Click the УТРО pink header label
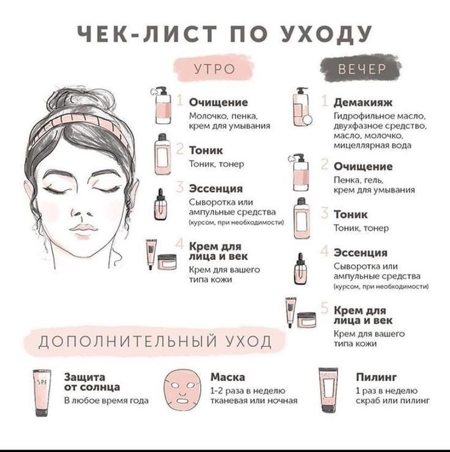coord(214,69)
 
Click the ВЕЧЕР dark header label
coord(362,69)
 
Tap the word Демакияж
coord(363,102)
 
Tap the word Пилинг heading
coord(377,377)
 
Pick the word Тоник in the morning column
coord(206,150)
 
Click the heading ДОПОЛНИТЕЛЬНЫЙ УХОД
coord(154,340)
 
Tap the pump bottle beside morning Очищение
coord(162,103)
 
